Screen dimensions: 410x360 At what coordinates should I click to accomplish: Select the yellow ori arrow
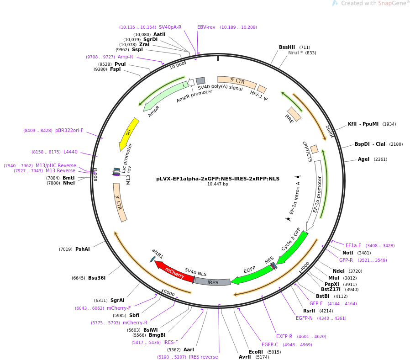[129, 134]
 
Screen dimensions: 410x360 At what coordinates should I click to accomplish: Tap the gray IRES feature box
[213, 282]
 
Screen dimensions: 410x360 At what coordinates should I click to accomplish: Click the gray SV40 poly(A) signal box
[200, 80]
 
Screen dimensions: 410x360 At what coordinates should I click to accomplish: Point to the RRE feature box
[294, 114]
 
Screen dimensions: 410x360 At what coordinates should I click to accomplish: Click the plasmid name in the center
[218, 179]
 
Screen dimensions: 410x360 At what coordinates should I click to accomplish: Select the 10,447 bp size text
[218, 184]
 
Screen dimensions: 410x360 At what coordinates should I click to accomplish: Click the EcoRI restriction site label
[256, 352]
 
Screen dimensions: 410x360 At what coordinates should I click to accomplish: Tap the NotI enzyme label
[348, 253]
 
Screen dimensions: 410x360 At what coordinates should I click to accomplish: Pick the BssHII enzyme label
[287, 47]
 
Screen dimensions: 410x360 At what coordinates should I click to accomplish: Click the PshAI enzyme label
[82, 249]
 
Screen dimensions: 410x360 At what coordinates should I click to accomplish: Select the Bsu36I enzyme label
[97, 278]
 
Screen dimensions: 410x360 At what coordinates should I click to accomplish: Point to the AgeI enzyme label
[363, 159]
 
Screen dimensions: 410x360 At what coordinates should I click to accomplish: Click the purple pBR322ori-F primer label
[69, 130]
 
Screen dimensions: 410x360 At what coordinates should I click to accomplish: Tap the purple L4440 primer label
[71, 152]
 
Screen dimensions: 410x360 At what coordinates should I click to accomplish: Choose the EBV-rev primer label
[206, 27]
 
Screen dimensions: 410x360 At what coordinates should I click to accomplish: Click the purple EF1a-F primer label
[353, 245]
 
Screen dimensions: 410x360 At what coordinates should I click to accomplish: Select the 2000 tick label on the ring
[329, 130]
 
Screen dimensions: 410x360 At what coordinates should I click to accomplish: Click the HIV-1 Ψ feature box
[262, 89]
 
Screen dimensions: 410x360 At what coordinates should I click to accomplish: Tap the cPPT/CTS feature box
[314, 149]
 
